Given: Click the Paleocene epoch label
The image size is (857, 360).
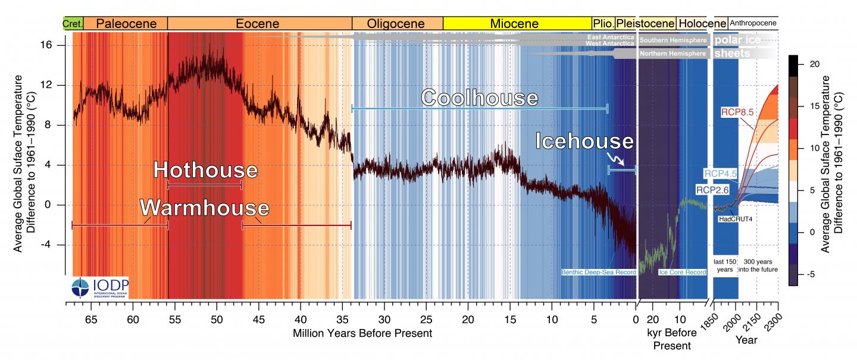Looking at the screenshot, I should [x=126, y=24].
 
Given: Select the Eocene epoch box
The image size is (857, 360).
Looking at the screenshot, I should [x=259, y=24].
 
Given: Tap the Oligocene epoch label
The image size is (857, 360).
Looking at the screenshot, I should [x=396, y=24].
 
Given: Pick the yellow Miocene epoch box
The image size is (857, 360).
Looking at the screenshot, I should [x=514, y=24].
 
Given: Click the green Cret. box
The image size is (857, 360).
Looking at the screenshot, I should [x=73, y=24].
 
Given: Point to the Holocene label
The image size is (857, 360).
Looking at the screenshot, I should [x=702, y=24].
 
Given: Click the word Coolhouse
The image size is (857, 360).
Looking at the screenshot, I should [x=480, y=98].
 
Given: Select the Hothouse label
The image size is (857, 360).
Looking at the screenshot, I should [x=205, y=170].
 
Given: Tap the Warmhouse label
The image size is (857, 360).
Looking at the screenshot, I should [x=204, y=208].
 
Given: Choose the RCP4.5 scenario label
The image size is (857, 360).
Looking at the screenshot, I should [x=721, y=174].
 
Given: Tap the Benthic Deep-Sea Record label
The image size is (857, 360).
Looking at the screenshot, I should [x=598, y=273].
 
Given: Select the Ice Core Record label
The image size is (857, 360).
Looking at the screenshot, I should [x=682, y=273].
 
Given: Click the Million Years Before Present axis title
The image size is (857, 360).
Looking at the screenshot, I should [x=362, y=333].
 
